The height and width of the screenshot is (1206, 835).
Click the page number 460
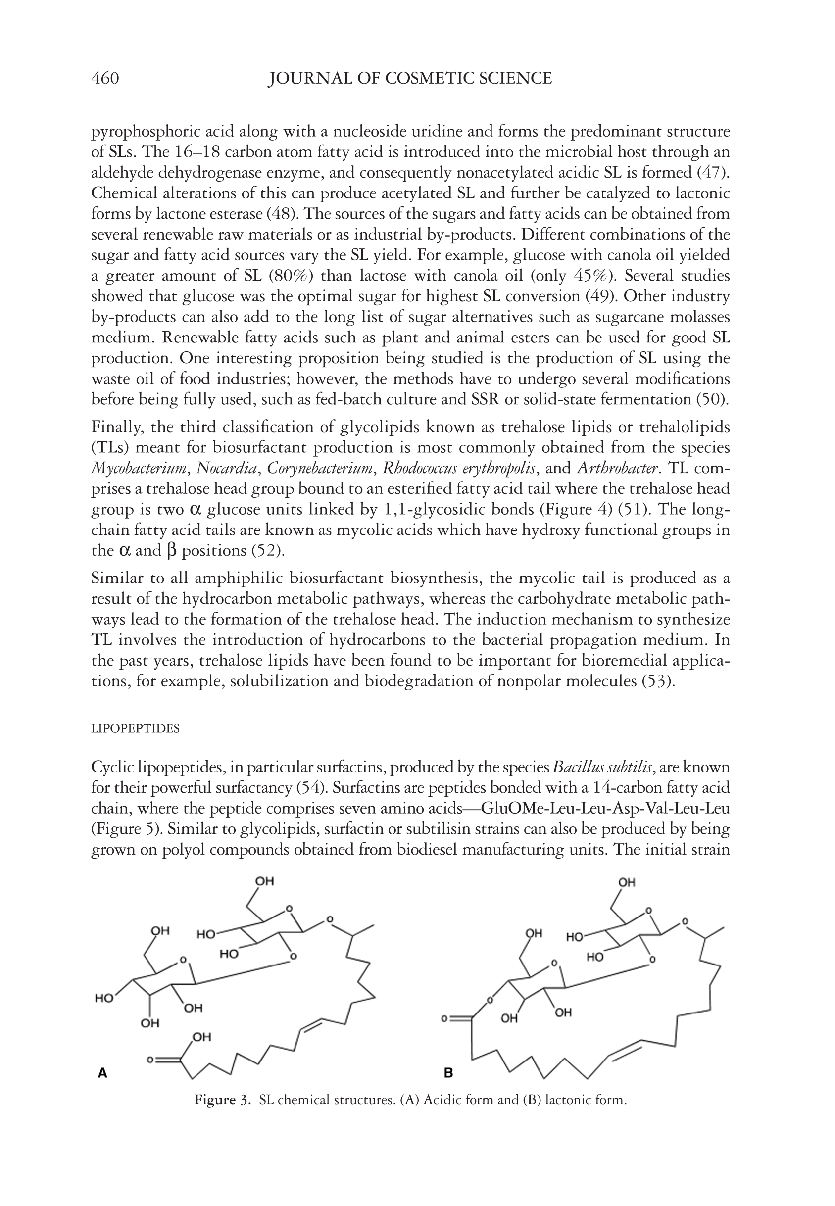click(x=105, y=79)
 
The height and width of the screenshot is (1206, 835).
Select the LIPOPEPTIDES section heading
click(x=135, y=729)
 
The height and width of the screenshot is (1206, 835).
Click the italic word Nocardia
click(x=227, y=468)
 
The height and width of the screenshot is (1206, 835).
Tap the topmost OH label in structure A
click(x=264, y=881)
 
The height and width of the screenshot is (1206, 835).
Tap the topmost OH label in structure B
click(x=627, y=883)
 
